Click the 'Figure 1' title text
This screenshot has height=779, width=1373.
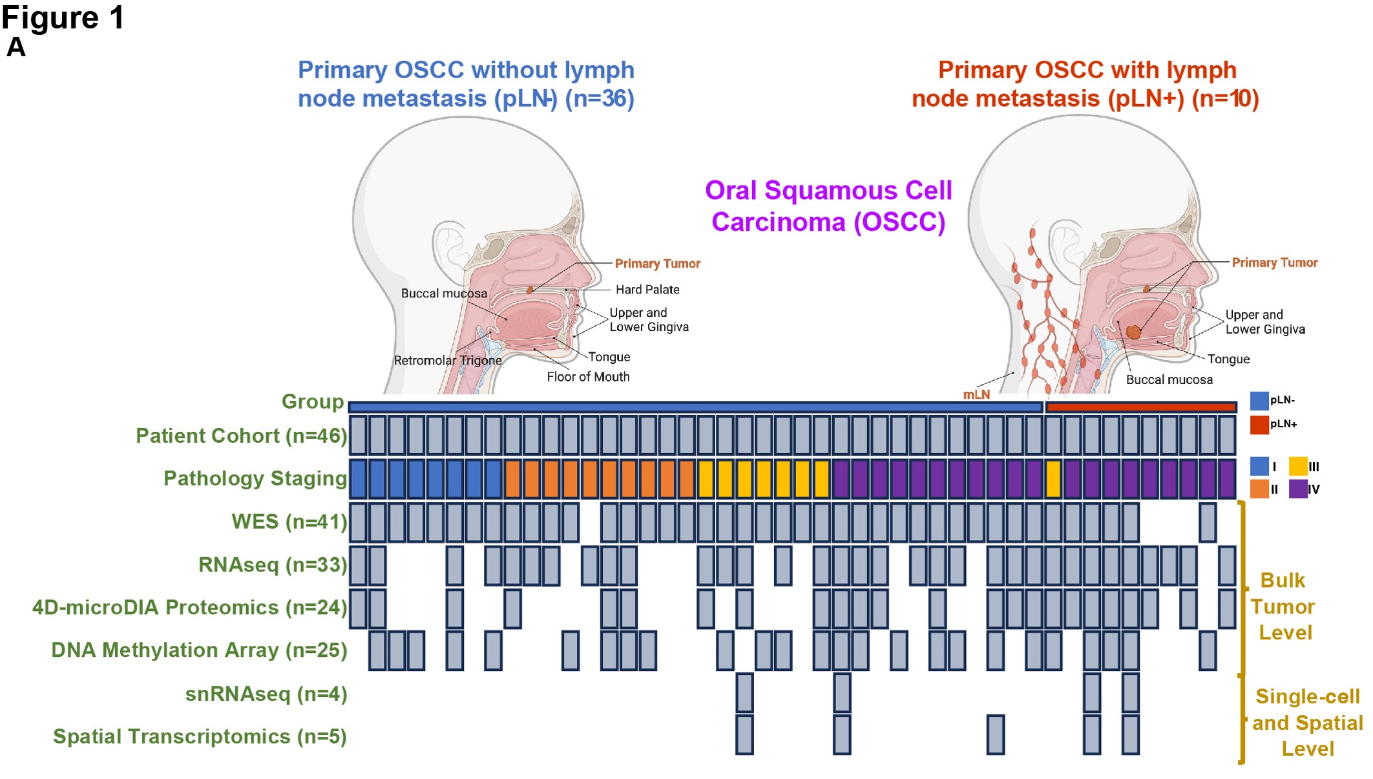[x=62, y=17]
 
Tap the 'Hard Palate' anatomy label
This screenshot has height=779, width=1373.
[x=647, y=290]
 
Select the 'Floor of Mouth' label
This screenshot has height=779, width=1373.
[x=588, y=377]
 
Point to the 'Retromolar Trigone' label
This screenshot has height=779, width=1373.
[x=448, y=361]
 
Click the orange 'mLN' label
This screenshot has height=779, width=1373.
[x=976, y=394]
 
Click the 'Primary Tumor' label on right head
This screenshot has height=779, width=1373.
[x=1274, y=262]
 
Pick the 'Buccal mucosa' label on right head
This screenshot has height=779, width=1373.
[x=1169, y=380]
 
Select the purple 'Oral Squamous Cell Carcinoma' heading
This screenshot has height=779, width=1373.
[x=828, y=206]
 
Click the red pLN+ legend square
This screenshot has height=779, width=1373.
[x=1259, y=425]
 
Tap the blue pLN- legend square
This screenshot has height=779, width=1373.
[x=1259, y=400]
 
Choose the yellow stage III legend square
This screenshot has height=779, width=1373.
[x=1297, y=466]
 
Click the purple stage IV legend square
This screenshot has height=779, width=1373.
[x=1297, y=489]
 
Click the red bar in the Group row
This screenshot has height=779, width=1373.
[x=1140, y=407]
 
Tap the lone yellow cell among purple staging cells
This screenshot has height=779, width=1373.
[x=1053, y=478]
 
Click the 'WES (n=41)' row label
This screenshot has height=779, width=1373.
[x=289, y=522]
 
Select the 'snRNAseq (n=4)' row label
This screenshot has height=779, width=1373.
[x=266, y=694]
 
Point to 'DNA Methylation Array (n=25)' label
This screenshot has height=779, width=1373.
[x=199, y=650]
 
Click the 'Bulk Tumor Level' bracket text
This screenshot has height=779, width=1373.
[x=1283, y=606]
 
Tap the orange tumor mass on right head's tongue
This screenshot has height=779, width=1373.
[x=1133, y=332]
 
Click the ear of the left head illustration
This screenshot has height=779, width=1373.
[x=450, y=249]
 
